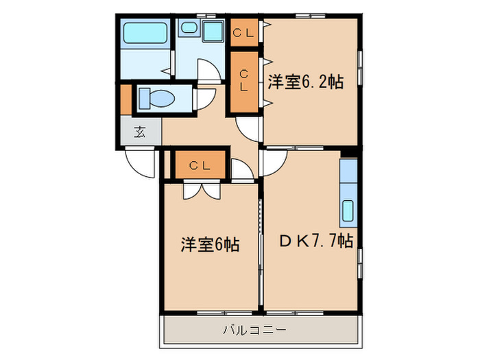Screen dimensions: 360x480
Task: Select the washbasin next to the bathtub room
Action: click(x=213, y=30)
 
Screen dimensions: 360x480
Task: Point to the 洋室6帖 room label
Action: click(x=210, y=244)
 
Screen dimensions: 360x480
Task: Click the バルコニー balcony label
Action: click(x=254, y=331)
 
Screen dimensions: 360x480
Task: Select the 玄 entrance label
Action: click(x=140, y=132)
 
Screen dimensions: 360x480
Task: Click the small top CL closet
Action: click(x=243, y=32)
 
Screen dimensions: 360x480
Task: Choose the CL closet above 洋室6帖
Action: click(x=198, y=165)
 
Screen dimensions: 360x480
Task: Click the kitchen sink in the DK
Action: click(x=348, y=210)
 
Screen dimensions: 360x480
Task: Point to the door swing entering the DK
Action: click(x=273, y=161)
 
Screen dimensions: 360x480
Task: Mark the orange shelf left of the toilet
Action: click(x=126, y=99)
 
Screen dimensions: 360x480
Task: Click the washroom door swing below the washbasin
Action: click(x=208, y=70)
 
